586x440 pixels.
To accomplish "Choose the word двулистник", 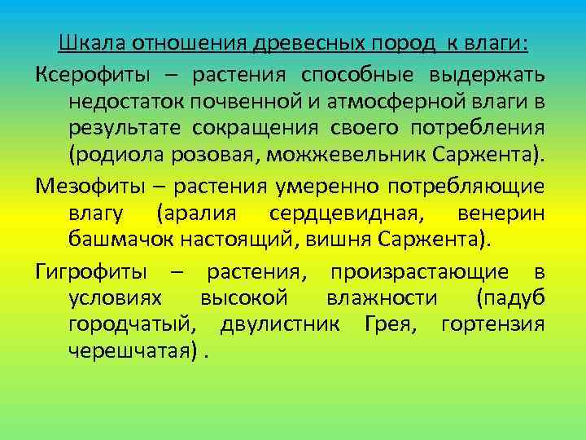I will pos(275,326).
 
